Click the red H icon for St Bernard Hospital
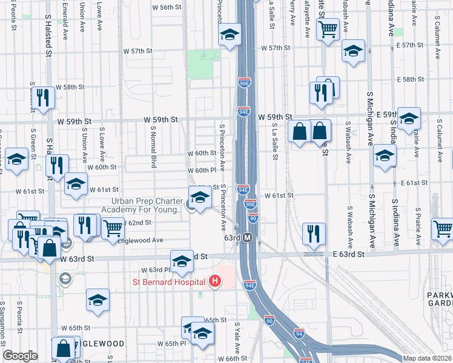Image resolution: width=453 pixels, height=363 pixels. point(214,281)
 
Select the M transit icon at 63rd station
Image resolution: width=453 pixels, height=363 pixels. point(247,238)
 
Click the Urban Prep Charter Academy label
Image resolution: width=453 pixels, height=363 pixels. point(147,206)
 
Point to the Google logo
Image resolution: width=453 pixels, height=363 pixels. point(20,356)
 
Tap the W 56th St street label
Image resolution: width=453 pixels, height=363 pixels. point(167,7)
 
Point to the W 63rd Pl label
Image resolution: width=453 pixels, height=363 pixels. point(155,270)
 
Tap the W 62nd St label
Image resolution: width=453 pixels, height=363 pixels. point(139,223)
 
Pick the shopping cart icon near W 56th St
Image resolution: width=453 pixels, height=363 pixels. point(328,28)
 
